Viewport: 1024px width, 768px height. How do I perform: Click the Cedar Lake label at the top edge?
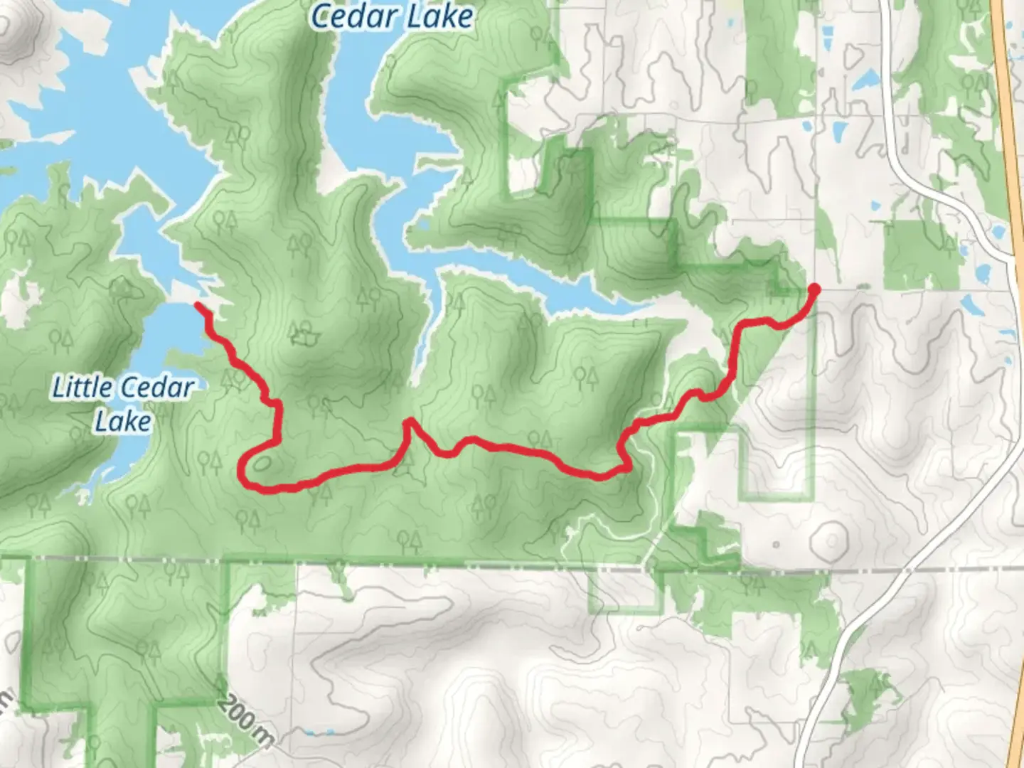392,16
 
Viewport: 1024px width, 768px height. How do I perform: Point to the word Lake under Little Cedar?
123,421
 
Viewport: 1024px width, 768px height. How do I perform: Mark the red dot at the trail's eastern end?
814,288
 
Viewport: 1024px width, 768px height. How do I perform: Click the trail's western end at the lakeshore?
198,306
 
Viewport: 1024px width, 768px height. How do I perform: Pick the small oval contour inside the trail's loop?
261,464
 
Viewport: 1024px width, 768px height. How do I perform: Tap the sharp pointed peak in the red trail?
409,422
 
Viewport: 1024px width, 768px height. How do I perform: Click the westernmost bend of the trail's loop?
242,469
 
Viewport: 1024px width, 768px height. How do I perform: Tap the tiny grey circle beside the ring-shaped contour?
776,545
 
